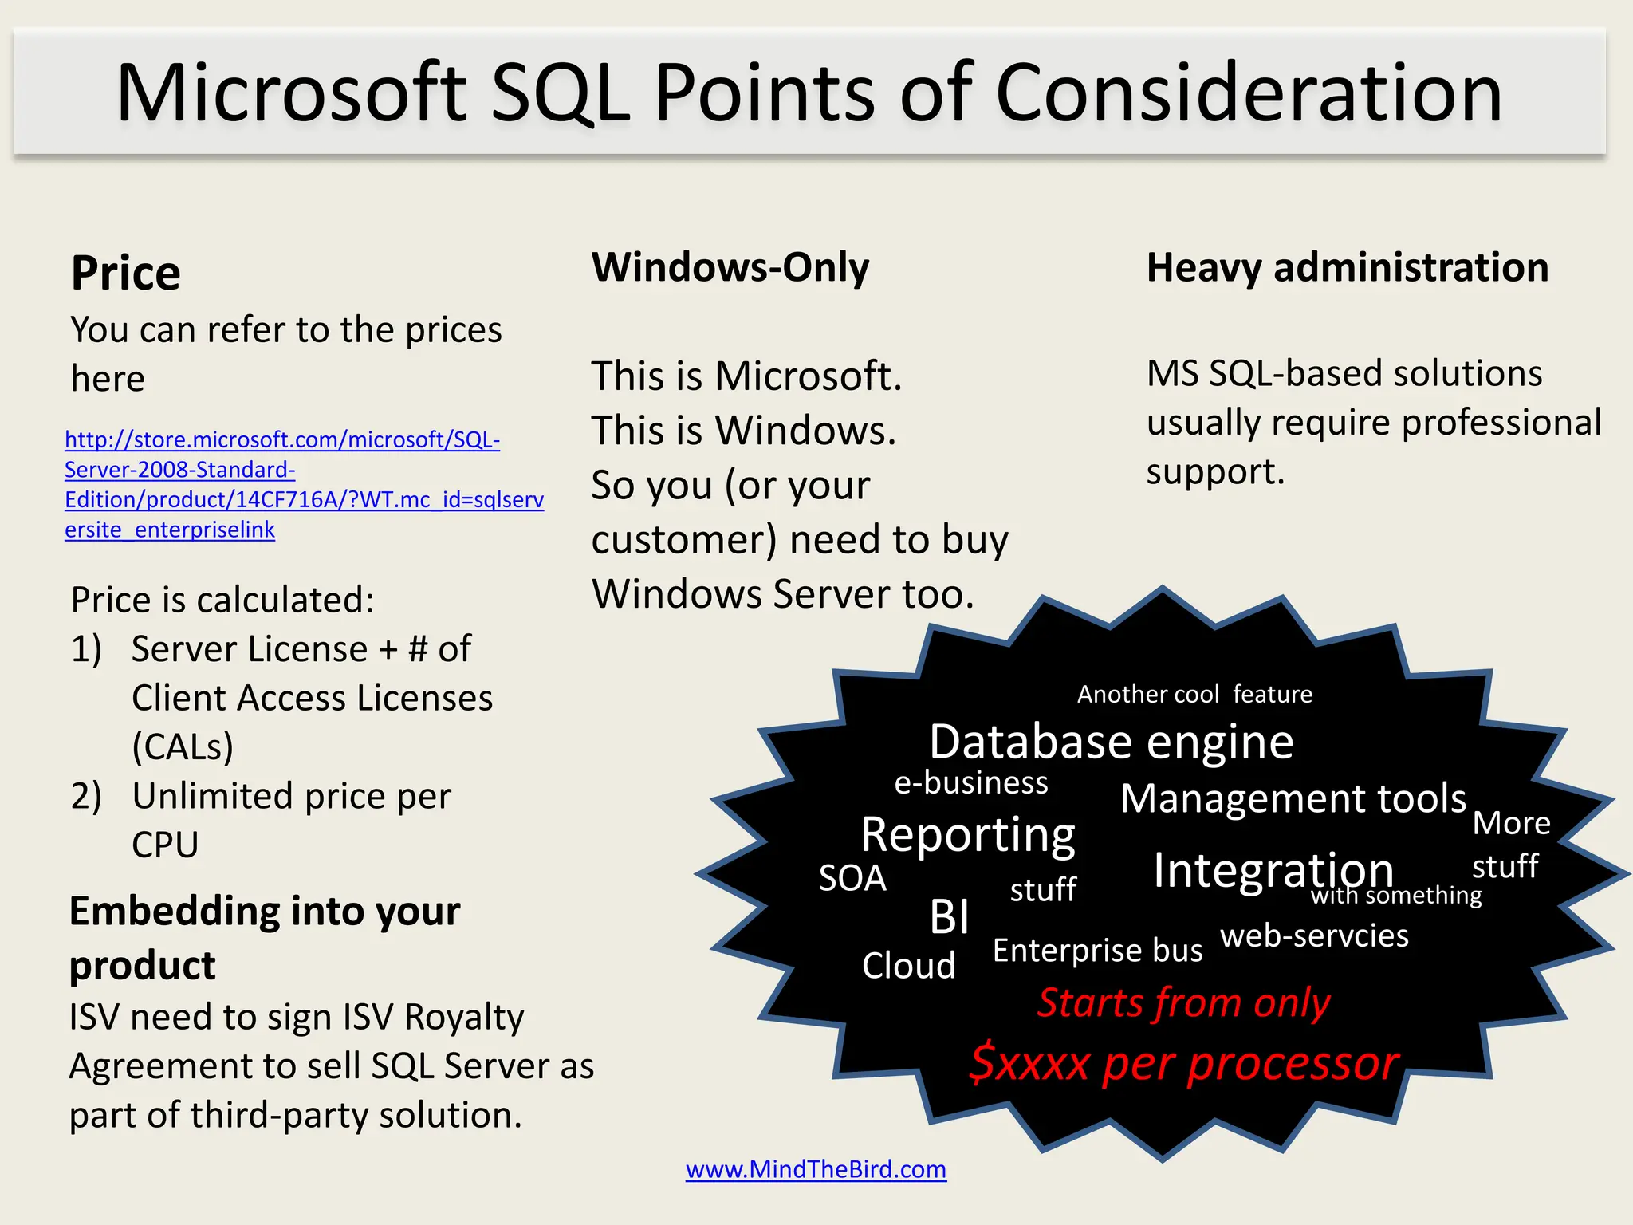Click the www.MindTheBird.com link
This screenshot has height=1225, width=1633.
816,1169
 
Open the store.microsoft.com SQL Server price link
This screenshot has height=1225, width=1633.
304,485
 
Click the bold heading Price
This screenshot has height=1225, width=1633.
126,273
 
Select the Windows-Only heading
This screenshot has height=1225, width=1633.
730,267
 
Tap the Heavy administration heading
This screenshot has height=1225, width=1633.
1347,267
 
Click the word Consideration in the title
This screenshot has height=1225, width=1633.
1248,93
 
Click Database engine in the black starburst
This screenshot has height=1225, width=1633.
1111,742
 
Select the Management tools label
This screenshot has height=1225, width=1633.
1293,798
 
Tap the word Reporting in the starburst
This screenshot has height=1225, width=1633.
967,835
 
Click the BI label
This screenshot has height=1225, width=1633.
949,916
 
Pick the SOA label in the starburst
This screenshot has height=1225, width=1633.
852,878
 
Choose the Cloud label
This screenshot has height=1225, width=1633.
908,966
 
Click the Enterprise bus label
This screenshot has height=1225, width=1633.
1097,951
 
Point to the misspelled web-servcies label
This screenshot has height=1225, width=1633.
1314,935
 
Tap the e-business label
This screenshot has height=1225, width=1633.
970,783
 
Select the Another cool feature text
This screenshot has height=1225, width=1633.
1194,695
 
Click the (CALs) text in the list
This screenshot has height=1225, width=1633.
183,747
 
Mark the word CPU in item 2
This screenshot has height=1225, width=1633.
165,845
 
